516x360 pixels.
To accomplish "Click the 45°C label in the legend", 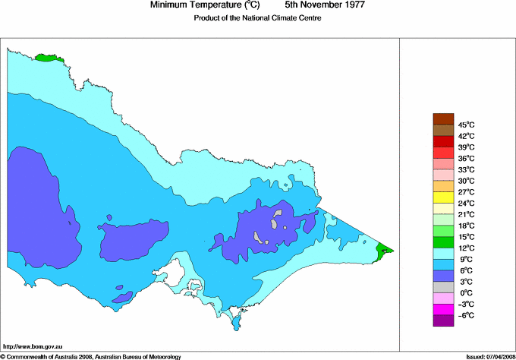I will point(465,125).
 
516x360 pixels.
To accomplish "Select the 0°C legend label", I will point(465,292).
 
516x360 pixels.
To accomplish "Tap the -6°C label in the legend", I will point(465,315).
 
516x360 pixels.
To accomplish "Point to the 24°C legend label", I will point(465,203).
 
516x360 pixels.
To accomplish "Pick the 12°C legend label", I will point(465,248).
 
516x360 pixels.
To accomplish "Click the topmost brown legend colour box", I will point(442,118).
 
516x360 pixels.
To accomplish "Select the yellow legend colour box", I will point(442,197).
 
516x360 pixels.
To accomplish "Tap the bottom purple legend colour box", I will point(442,321).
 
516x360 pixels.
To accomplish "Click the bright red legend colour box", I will point(442,141).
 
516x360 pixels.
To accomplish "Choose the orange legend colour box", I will point(442,186).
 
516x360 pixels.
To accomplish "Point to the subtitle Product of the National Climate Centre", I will point(257,18).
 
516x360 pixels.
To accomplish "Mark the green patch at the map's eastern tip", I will point(385,249).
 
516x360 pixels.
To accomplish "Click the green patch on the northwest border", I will point(47,57).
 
